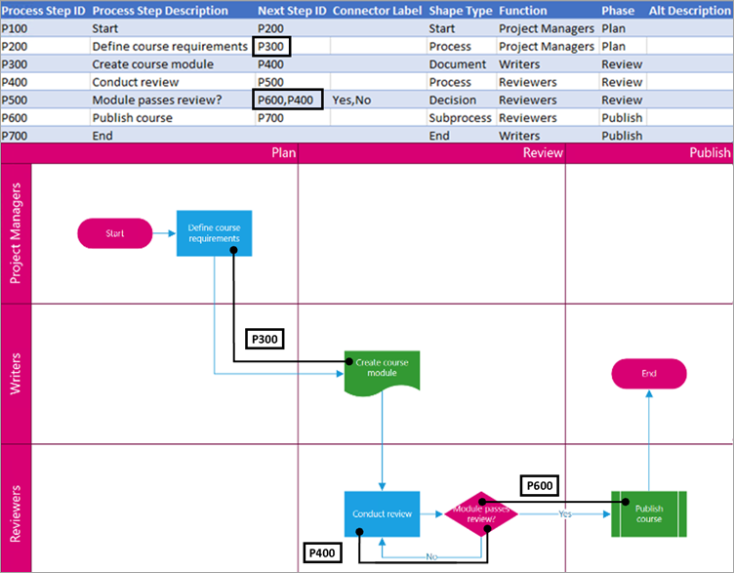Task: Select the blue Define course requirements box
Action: click(214, 233)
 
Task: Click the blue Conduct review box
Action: click(382, 513)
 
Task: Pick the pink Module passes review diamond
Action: click(481, 513)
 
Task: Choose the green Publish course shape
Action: click(648, 513)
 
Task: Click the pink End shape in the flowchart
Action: click(649, 374)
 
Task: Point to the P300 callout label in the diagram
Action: click(264, 339)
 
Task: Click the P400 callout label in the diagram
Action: click(324, 553)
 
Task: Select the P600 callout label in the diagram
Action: click(543, 485)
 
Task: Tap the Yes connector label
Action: click(565, 513)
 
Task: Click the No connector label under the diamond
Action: click(430, 557)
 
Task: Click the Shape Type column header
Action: click(460, 11)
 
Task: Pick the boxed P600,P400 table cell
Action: click(287, 100)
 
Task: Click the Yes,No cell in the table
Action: click(352, 100)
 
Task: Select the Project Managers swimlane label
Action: click(17, 233)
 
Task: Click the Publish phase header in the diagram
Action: click(709, 153)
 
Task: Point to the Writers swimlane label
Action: click(17, 374)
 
